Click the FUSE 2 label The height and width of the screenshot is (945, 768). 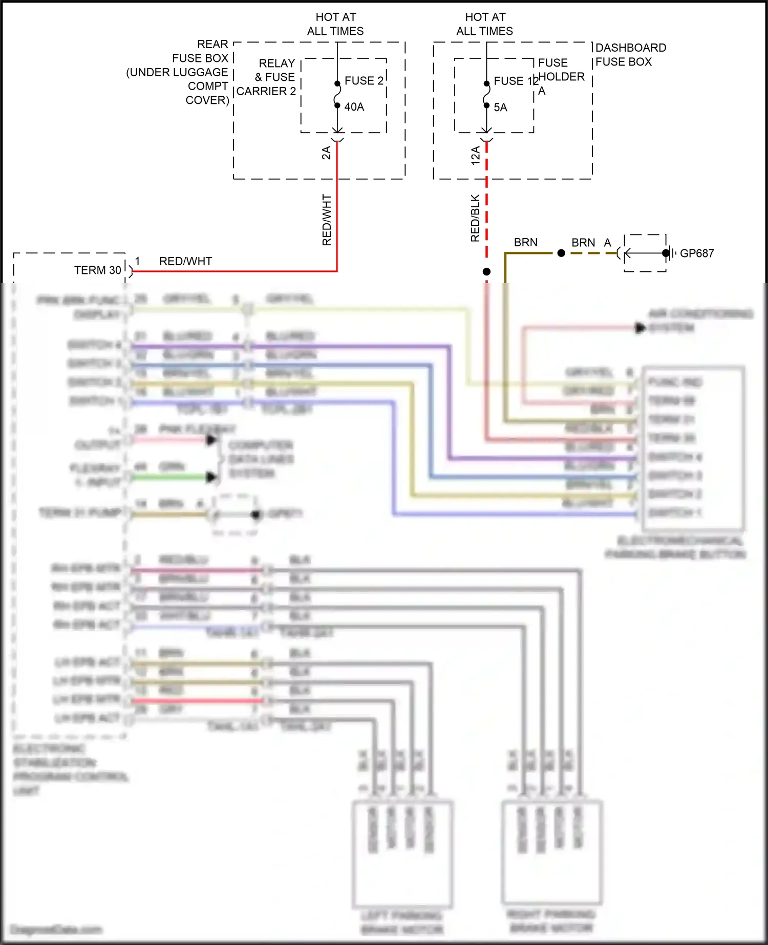(364, 81)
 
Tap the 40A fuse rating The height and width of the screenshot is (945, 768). (354, 107)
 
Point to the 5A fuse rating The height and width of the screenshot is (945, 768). (500, 108)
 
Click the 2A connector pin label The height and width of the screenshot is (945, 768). (326, 153)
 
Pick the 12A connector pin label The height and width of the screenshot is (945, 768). (476, 155)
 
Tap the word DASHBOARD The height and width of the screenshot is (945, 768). (631, 48)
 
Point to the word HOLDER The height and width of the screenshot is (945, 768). (562, 77)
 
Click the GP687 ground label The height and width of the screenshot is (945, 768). (696, 253)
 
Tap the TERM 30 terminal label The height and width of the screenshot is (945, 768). (97, 270)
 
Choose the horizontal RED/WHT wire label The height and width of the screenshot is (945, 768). (185, 261)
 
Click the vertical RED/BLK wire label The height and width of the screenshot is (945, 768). (476, 218)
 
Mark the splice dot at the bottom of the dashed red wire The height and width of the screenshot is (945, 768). (486, 272)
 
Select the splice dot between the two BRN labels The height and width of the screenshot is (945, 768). (561, 253)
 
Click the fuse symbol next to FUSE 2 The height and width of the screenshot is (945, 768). (337, 95)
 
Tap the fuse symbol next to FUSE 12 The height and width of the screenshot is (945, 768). (486, 95)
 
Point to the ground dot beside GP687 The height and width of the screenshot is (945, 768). (665, 253)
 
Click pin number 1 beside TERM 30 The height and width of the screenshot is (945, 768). (137, 261)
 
